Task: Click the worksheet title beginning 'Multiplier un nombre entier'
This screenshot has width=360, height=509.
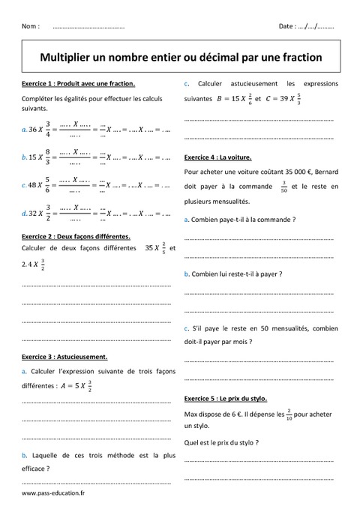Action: [180, 57]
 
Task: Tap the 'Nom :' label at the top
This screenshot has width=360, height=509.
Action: [31, 26]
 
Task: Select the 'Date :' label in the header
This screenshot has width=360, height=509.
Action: [286, 26]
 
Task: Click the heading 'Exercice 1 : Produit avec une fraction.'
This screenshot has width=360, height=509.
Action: [79, 84]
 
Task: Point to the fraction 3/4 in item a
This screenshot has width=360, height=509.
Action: [49, 130]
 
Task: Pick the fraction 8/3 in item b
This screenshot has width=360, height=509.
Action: [49, 157]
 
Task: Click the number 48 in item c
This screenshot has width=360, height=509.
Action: [34, 184]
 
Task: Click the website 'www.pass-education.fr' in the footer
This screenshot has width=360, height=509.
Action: [53, 493]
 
